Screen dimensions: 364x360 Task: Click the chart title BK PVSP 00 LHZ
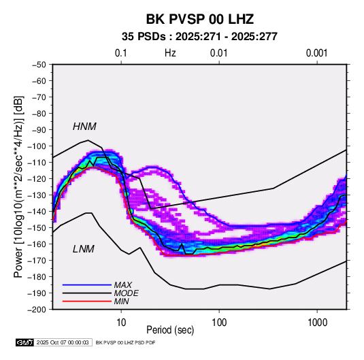[x=199, y=19]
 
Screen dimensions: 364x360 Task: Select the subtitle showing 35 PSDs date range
[x=199, y=37]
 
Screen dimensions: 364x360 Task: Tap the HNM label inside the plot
[x=84, y=127]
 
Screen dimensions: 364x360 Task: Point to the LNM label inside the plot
[x=84, y=249]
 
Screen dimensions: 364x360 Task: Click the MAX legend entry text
[x=123, y=284]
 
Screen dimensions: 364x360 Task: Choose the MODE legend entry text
[x=127, y=293]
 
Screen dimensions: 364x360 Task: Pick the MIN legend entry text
[x=121, y=301]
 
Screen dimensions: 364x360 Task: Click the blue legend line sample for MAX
[x=87, y=284]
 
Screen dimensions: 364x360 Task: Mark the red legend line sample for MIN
[x=87, y=301]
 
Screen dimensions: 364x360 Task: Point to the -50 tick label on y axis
[x=39, y=65]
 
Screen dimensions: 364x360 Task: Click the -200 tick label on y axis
[x=37, y=310]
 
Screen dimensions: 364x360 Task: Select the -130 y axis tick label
[x=37, y=195]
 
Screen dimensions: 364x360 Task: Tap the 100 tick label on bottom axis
[x=219, y=323]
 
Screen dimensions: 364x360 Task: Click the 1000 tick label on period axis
[x=317, y=323]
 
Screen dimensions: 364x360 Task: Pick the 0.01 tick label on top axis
[x=218, y=53]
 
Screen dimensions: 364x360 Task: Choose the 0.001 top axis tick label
[x=316, y=53]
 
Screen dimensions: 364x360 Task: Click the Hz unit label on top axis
[x=170, y=53]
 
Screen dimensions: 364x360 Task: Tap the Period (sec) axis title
[x=170, y=330]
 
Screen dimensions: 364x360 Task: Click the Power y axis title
[x=18, y=186]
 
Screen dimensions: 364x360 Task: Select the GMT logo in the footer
[x=25, y=342]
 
